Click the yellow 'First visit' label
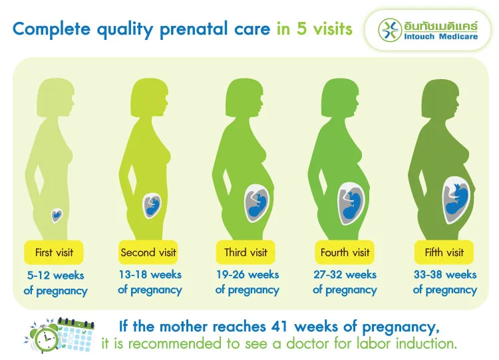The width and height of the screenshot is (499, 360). (54, 253)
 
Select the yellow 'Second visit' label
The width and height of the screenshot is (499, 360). (148, 253)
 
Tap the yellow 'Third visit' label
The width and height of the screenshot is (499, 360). (246, 253)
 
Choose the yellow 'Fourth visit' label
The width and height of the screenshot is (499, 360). (345, 253)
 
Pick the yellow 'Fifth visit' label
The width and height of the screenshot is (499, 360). (444, 253)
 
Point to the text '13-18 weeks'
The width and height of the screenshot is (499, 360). (150, 275)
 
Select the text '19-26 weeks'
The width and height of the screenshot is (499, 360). (247, 275)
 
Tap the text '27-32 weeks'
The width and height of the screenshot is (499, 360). (345, 275)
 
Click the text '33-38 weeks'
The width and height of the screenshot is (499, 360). (444, 275)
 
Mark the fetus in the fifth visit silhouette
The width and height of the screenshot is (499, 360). (456, 199)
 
